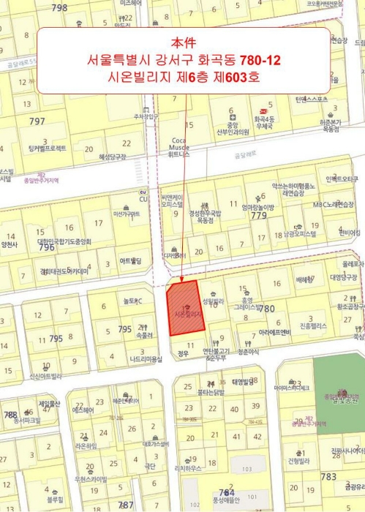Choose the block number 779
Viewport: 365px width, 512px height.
tap(258, 216)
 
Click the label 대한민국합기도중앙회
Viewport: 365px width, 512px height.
tap(64, 241)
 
